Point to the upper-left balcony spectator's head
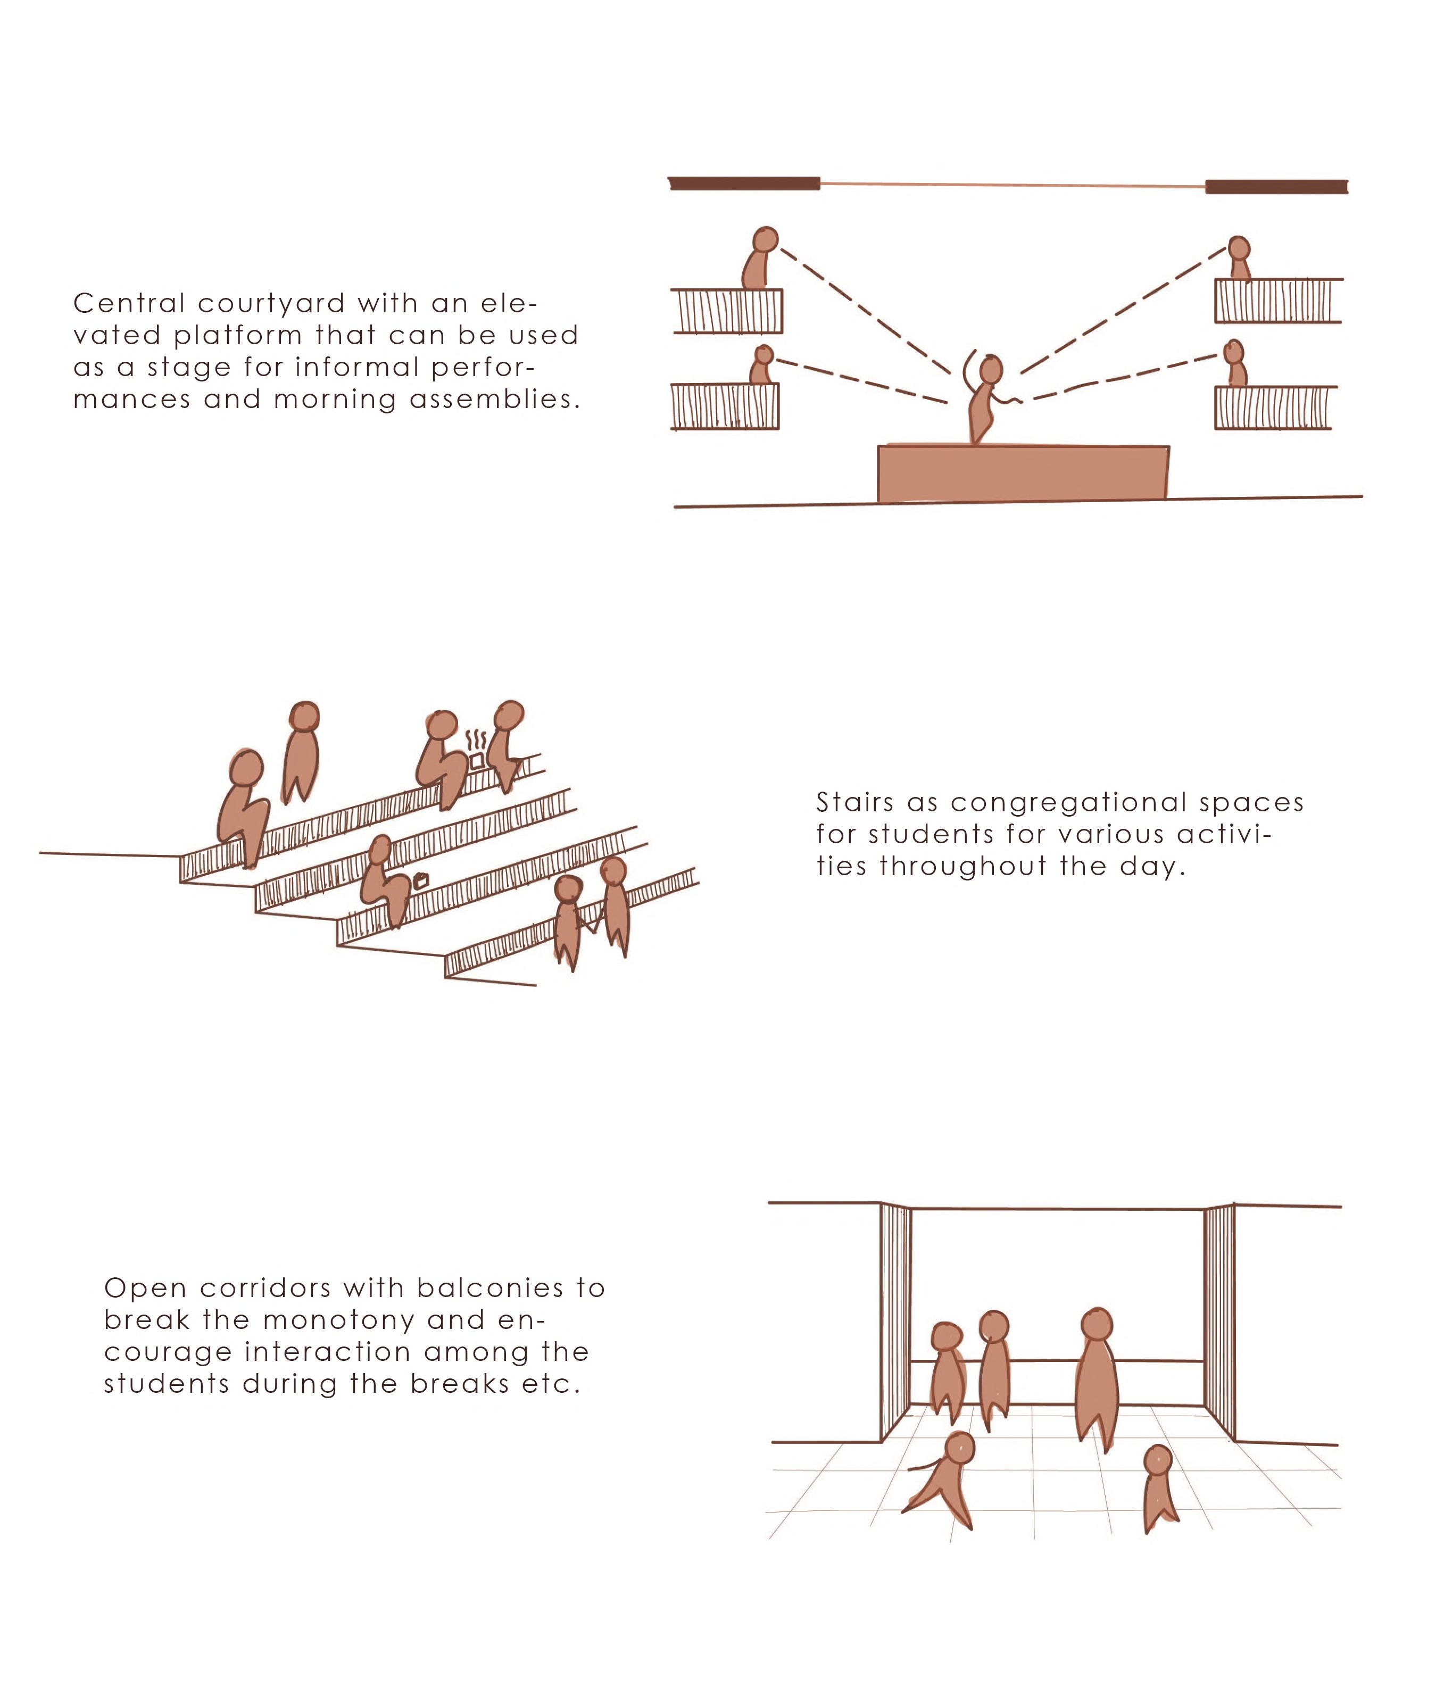pyautogui.click(x=766, y=239)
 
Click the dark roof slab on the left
pyautogui.click(x=744, y=183)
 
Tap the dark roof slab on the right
pyautogui.click(x=1276, y=186)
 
